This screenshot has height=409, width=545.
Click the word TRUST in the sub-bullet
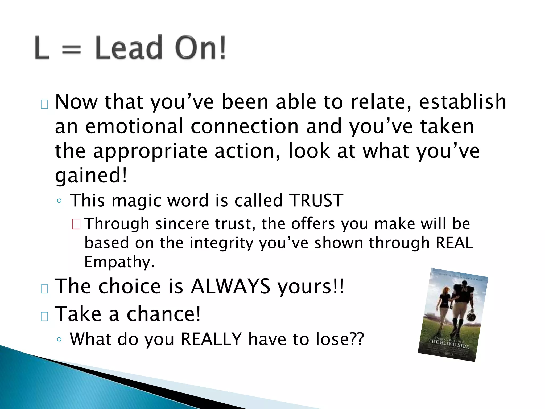[316, 201]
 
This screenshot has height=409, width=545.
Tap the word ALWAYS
[230, 287]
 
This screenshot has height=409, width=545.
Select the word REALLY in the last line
[211, 339]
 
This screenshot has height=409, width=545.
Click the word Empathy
[119, 262]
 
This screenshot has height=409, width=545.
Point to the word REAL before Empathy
[455, 243]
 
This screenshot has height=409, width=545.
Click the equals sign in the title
[71, 50]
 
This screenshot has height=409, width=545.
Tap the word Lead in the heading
[129, 48]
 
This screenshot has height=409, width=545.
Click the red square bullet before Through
[76, 224]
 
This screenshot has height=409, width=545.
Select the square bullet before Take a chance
[44, 316]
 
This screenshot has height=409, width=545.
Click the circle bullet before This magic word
[59, 201]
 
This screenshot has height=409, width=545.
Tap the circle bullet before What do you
[59, 340]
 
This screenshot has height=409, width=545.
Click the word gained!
[91, 176]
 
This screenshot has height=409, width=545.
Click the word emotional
[134, 126]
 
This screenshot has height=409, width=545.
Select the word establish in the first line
[463, 102]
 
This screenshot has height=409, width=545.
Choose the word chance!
[163, 314]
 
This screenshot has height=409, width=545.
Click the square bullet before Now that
[44, 104]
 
